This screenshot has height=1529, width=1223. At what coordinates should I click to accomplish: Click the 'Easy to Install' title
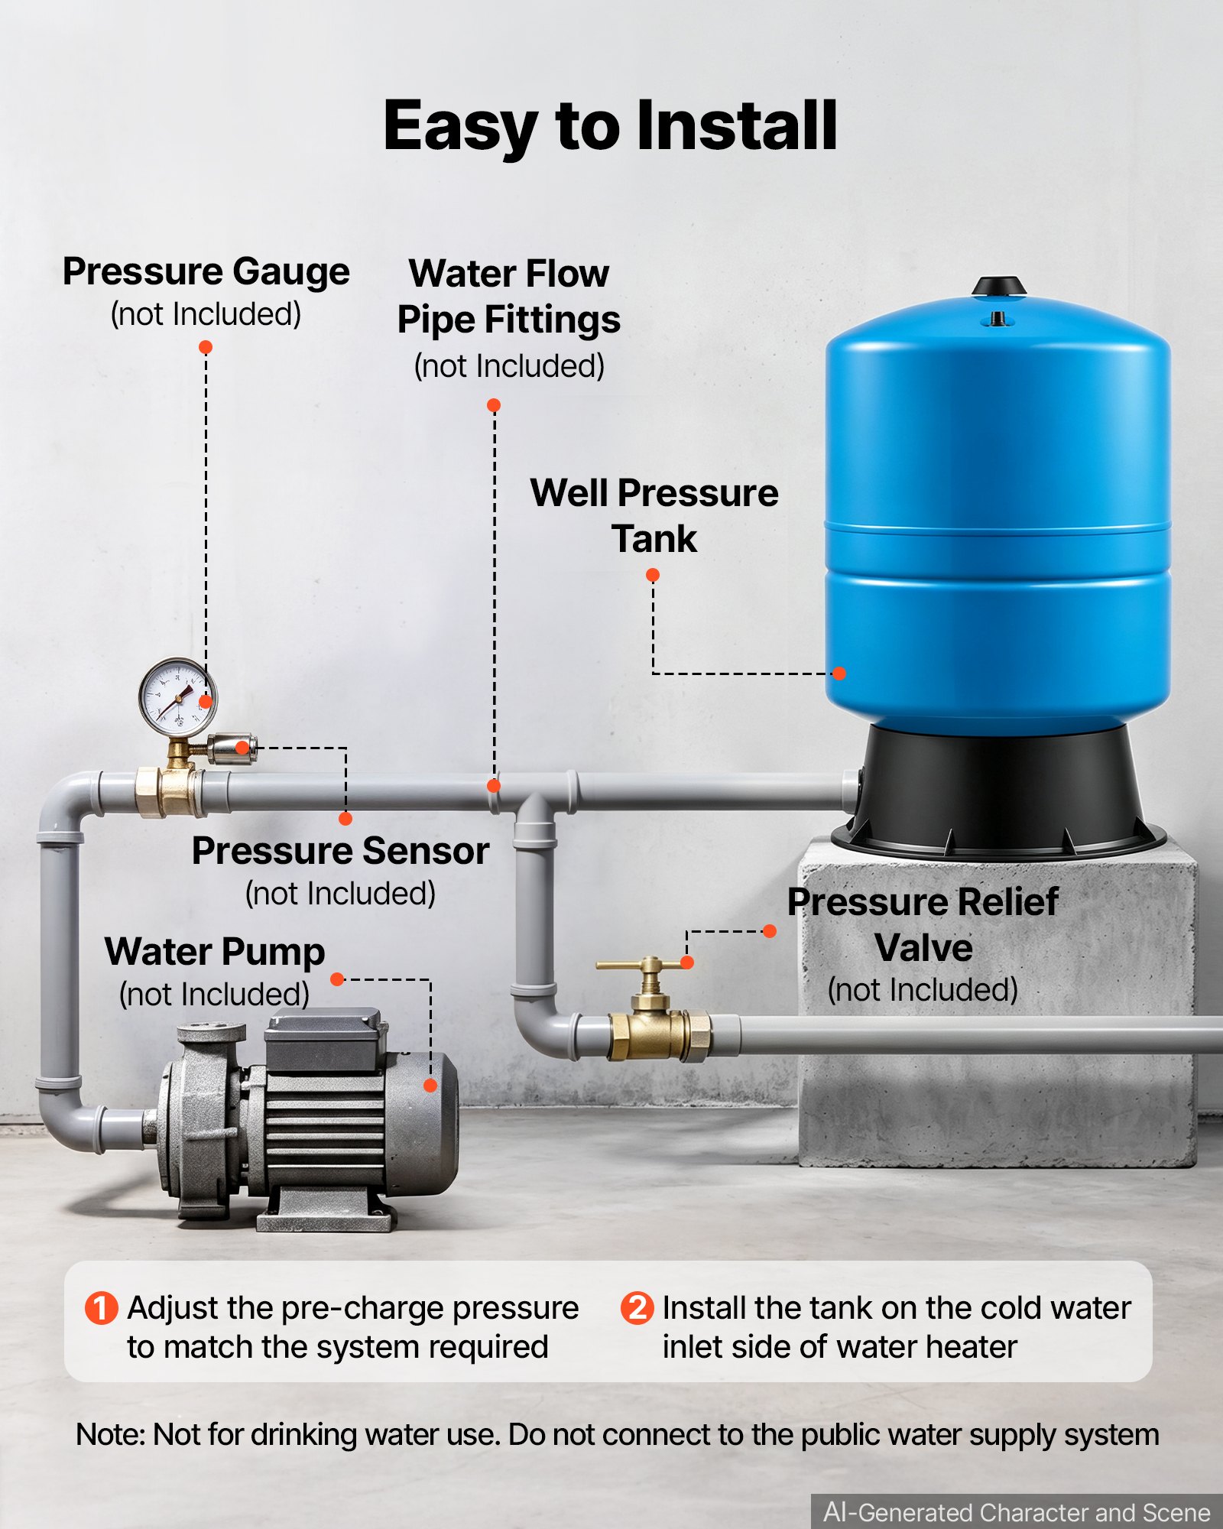click(x=610, y=126)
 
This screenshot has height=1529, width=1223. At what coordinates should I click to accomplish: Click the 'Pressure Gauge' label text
click(x=206, y=272)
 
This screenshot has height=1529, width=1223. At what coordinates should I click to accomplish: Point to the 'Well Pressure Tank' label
click(x=654, y=515)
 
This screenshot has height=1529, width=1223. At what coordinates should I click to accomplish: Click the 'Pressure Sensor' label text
click(x=340, y=851)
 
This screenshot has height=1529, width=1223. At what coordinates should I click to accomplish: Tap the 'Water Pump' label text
click(x=215, y=953)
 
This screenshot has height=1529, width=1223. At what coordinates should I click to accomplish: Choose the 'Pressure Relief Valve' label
click(x=923, y=925)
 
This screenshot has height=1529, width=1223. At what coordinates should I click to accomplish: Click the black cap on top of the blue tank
click(x=998, y=287)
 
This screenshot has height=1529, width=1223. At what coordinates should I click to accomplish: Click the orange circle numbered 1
click(x=101, y=1308)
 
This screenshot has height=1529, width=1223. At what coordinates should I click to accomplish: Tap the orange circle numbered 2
click(x=637, y=1308)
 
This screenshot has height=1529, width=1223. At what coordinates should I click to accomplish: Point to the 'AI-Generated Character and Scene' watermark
click(x=1017, y=1512)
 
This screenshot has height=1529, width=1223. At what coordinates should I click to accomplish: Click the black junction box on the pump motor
click(x=323, y=1039)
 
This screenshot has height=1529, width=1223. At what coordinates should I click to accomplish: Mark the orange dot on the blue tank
click(x=839, y=674)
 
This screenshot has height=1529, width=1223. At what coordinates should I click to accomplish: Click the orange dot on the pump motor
click(x=430, y=1085)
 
